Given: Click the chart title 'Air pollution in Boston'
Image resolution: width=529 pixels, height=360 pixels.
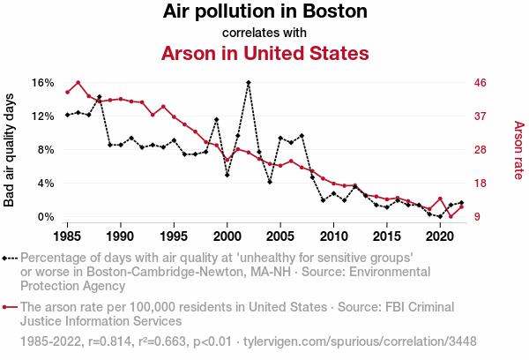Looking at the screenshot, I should pos(264,12).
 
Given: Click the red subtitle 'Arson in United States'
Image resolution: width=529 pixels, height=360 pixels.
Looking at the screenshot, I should pos(264,53).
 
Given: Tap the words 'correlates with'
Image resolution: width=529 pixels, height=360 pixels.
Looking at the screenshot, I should pos(264,33).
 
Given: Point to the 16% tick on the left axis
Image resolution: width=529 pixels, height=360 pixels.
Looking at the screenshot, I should pos(44,83).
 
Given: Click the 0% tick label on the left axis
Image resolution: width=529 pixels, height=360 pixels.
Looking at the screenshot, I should pos(47,217).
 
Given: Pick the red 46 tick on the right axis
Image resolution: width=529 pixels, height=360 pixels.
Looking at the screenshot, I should pos(481,83).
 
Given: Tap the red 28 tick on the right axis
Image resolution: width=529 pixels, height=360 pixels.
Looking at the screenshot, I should pos(481,150).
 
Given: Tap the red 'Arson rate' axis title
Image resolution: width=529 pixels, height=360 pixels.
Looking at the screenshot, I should pos(518,150).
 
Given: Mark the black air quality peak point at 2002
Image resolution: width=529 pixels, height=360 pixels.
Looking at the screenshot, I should pos(249,83).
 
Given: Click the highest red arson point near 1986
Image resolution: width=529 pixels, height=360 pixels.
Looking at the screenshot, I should pos(78,83).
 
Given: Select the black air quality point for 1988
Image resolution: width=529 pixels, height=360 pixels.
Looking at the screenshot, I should pos(99,97).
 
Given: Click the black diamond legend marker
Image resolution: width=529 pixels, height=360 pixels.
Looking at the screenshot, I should pos(8,259).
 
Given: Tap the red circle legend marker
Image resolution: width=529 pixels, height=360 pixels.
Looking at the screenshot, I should pos(8,308).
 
